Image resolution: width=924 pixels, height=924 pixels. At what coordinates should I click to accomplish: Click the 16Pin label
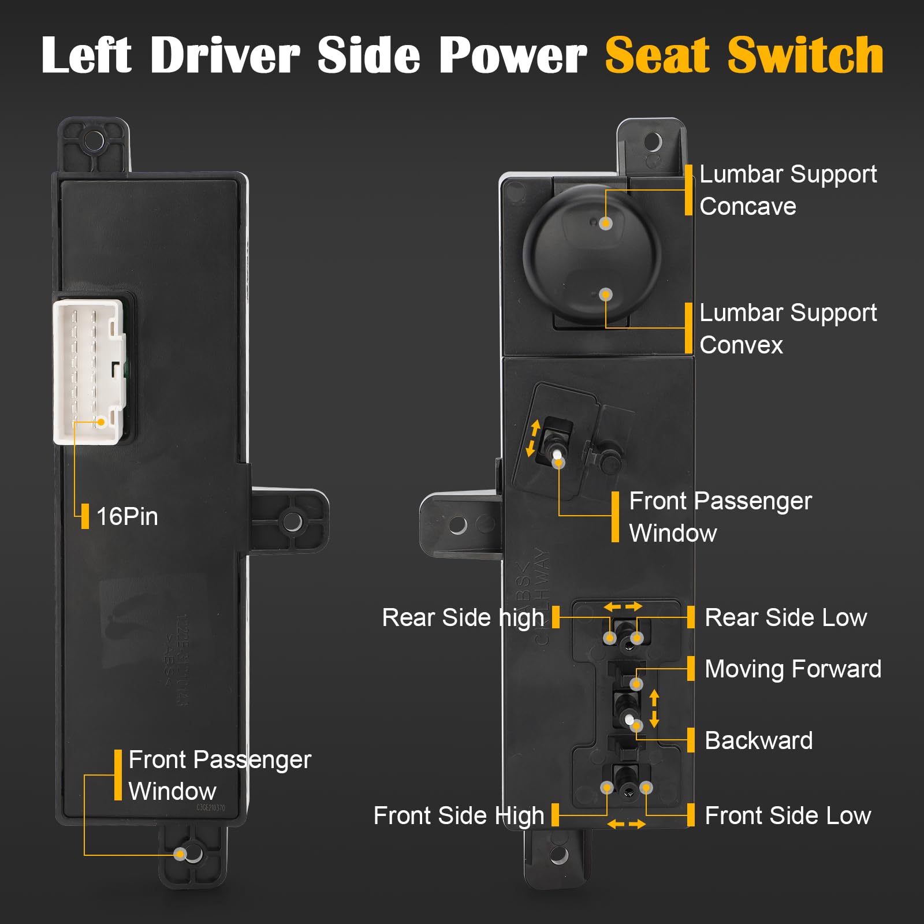pyautogui.click(x=127, y=516)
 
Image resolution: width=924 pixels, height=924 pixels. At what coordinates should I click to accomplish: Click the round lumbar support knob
pyautogui.click(x=592, y=254)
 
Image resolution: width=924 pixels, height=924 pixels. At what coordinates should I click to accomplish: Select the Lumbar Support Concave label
pyautogui.click(x=788, y=190)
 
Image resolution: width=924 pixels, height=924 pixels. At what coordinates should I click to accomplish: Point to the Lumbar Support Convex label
pyautogui.click(x=788, y=329)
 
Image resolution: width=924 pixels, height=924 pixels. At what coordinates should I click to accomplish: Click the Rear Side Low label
pyautogui.click(x=785, y=618)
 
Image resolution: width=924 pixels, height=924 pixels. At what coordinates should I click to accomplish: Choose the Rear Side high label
pyautogui.click(x=463, y=618)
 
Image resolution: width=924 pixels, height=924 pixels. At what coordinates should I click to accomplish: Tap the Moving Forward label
pyautogui.click(x=793, y=669)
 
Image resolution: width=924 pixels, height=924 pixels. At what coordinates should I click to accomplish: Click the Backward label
pyautogui.click(x=758, y=740)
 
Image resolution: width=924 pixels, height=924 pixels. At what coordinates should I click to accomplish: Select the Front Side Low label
pyautogui.click(x=788, y=816)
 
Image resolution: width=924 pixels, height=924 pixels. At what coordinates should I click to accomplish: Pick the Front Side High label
pyautogui.click(x=459, y=816)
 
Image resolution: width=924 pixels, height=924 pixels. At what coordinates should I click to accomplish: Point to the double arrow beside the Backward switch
pyautogui.click(x=654, y=709)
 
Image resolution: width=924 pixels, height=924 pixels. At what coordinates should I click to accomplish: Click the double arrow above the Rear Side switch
pyautogui.click(x=623, y=606)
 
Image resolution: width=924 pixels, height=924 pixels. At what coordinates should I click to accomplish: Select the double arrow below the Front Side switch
pyautogui.click(x=626, y=825)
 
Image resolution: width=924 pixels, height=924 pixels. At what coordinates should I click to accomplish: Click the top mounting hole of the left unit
pyautogui.click(x=94, y=140)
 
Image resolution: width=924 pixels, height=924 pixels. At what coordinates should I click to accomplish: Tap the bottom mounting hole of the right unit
pyautogui.click(x=558, y=855)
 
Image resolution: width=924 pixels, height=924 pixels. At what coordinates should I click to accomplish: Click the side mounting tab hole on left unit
pyautogui.click(x=292, y=521)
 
